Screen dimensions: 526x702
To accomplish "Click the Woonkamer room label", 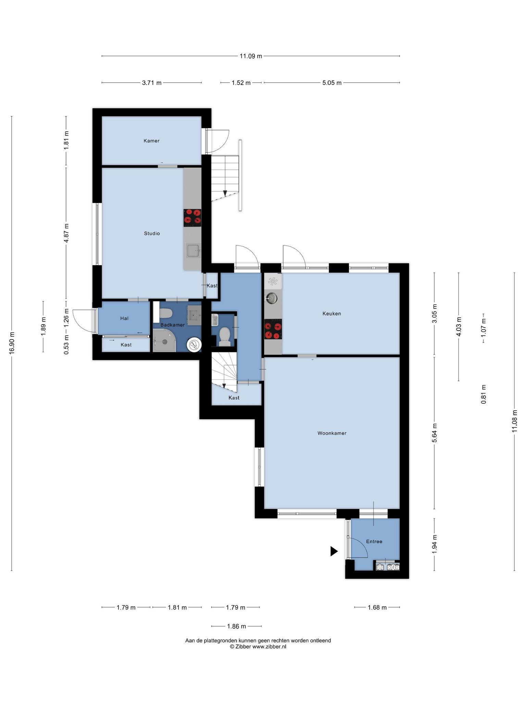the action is [x=332, y=433].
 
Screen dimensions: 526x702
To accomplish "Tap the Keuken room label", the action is [x=331, y=313].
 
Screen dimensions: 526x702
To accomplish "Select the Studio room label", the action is [x=152, y=233].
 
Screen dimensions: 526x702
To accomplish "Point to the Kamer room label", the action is [x=151, y=141].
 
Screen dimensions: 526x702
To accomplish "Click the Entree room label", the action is [x=374, y=542].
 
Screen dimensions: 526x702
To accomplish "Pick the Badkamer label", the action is [x=173, y=325].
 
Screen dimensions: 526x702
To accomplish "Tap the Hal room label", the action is [x=124, y=318].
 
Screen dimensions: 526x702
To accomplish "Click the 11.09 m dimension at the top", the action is [x=251, y=56].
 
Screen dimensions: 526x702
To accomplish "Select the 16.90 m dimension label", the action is [x=12, y=343].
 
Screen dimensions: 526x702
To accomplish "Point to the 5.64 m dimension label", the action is [x=435, y=433].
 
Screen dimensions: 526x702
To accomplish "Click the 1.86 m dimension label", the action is [x=236, y=626].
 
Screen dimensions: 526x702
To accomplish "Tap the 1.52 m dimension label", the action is [x=241, y=83].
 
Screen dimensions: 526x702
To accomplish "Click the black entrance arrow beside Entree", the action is [x=334, y=551].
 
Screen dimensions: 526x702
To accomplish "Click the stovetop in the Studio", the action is [x=192, y=218].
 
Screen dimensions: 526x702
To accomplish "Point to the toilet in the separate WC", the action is [x=225, y=336].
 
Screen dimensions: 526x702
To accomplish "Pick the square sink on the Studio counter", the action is [x=193, y=251].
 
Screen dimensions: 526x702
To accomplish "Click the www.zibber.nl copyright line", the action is [x=258, y=647].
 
